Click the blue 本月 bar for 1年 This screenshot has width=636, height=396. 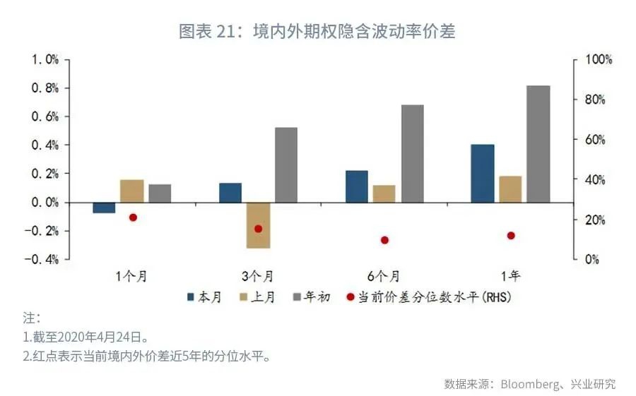483,174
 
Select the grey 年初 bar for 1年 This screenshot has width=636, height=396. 538,144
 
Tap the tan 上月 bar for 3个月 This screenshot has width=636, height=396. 258,225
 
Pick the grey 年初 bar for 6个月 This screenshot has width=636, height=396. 413,154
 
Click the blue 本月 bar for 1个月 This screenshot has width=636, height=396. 104,208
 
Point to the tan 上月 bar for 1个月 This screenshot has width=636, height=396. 132,191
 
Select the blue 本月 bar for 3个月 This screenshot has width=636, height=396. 230,193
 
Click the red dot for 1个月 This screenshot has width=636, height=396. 133,217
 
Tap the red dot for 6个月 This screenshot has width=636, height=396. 385,240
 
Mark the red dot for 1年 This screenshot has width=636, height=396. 511,236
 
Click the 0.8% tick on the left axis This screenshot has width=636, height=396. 44,88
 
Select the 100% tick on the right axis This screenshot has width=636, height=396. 598,60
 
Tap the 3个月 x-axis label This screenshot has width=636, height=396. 258,276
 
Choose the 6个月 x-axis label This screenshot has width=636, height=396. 384,276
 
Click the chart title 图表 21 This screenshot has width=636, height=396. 204,32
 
